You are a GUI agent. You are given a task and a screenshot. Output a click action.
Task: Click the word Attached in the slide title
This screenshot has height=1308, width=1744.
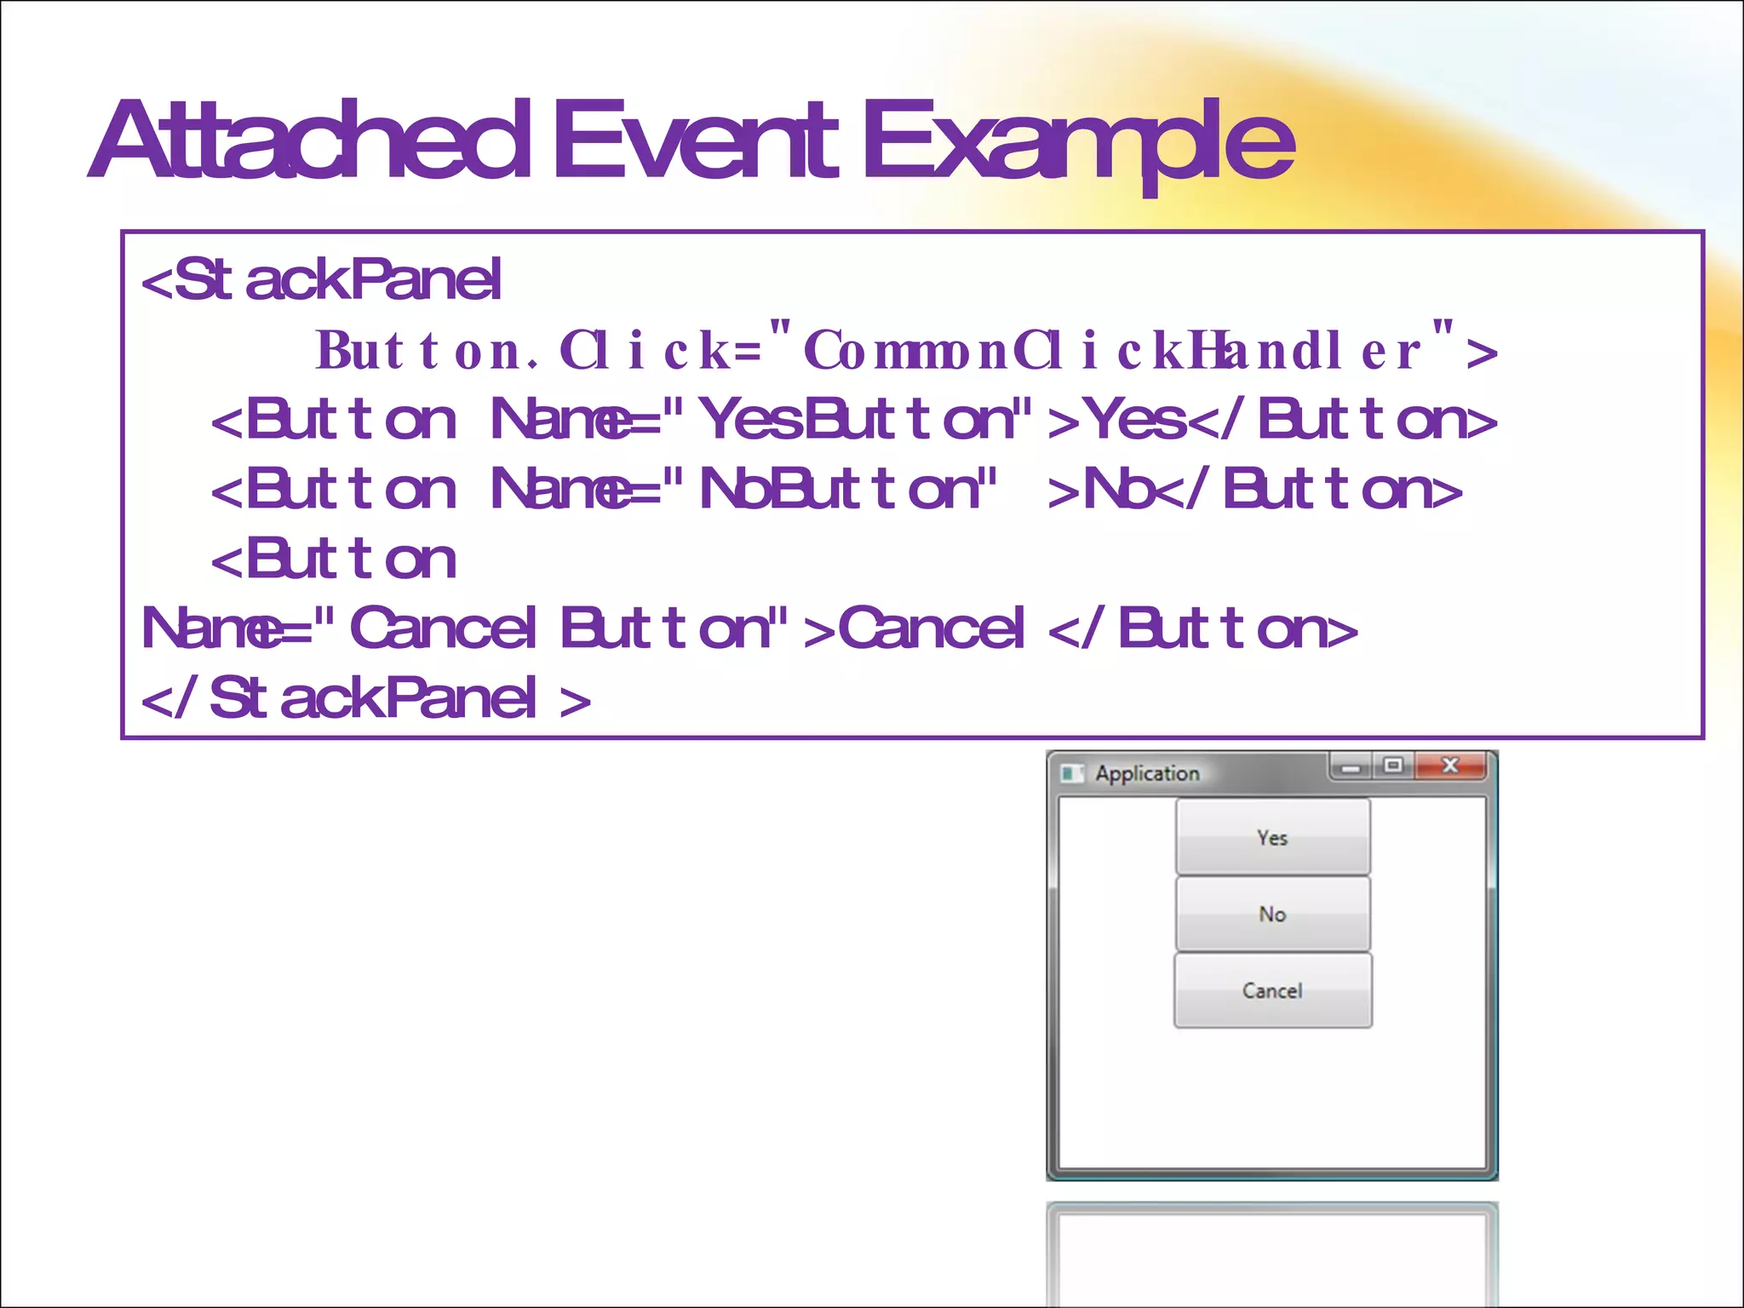pyautogui.click(x=311, y=141)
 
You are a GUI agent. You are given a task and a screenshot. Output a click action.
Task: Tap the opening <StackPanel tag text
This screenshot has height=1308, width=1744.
pyautogui.click(x=322, y=280)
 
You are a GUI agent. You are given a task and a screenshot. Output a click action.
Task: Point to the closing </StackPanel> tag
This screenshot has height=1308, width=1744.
pyautogui.click(x=366, y=698)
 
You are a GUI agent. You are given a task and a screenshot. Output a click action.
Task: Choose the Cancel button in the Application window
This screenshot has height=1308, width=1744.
pyautogui.click(x=1272, y=990)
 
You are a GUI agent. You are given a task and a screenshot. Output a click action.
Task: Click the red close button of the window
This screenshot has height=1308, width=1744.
pyautogui.click(x=1450, y=766)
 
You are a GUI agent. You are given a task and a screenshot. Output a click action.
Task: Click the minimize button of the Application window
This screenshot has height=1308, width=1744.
pyautogui.click(x=1351, y=767)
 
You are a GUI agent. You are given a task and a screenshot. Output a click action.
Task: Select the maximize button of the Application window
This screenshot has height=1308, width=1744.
pyautogui.click(x=1393, y=766)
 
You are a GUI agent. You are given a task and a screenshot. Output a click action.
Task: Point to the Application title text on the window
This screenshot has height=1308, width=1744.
pyautogui.click(x=1147, y=773)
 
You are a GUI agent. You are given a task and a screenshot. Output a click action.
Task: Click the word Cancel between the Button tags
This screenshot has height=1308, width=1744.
pyautogui.click(x=931, y=628)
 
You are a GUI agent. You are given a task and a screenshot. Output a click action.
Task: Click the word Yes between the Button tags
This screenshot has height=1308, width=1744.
pyautogui.click(x=1137, y=420)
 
